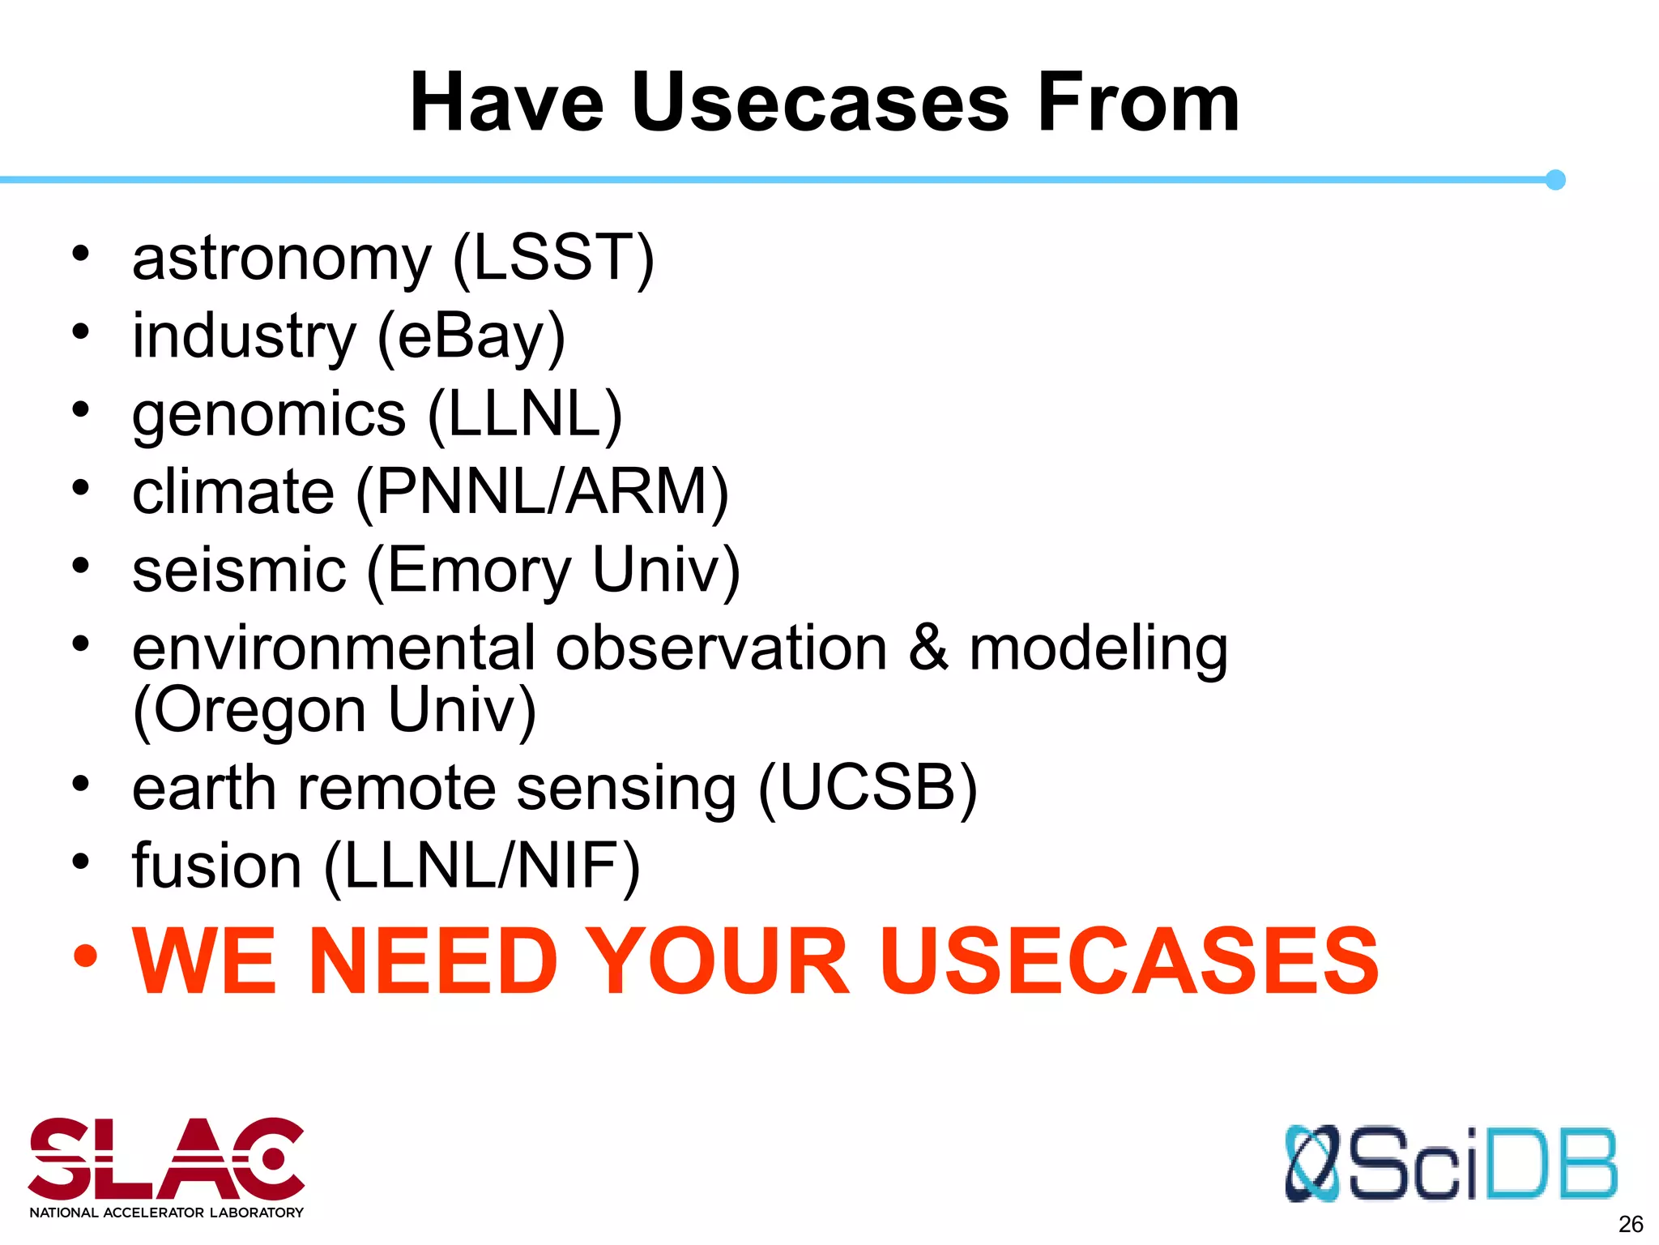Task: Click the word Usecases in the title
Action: [x=820, y=103]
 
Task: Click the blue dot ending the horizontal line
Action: [x=1555, y=180]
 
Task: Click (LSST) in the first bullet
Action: [x=553, y=258]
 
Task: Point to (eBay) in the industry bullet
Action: [x=471, y=337]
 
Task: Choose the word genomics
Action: [x=269, y=415]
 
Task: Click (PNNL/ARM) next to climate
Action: [x=542, y=492]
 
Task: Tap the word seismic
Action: [x=239, y=570]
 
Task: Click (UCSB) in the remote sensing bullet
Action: [x=868, y=788]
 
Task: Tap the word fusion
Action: [x=217, y=866]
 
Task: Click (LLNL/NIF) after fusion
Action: [x=482, y=866]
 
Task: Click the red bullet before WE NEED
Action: [x=84, y=956]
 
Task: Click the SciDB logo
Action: [x=1450, y=1163]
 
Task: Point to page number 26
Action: [x=1630, y=1224]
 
